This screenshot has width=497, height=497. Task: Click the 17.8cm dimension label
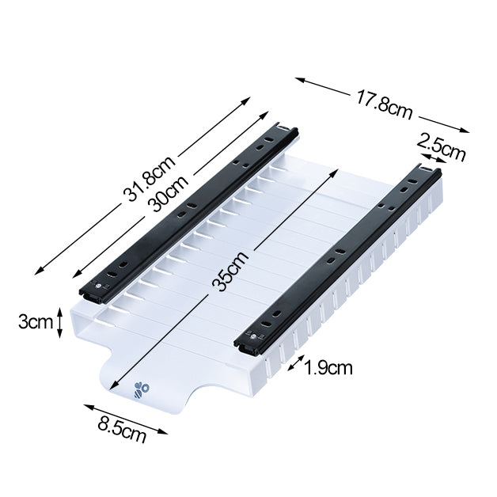[384, 104]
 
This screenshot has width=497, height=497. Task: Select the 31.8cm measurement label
[148, 180]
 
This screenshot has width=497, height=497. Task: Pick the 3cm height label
[35, 322]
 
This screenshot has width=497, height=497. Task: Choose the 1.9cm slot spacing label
[328, 367]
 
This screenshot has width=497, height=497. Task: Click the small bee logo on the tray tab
[142, 389]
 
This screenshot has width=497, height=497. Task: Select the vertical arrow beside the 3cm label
[59, 323]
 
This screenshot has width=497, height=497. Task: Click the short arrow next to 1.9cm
[295, 363]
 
